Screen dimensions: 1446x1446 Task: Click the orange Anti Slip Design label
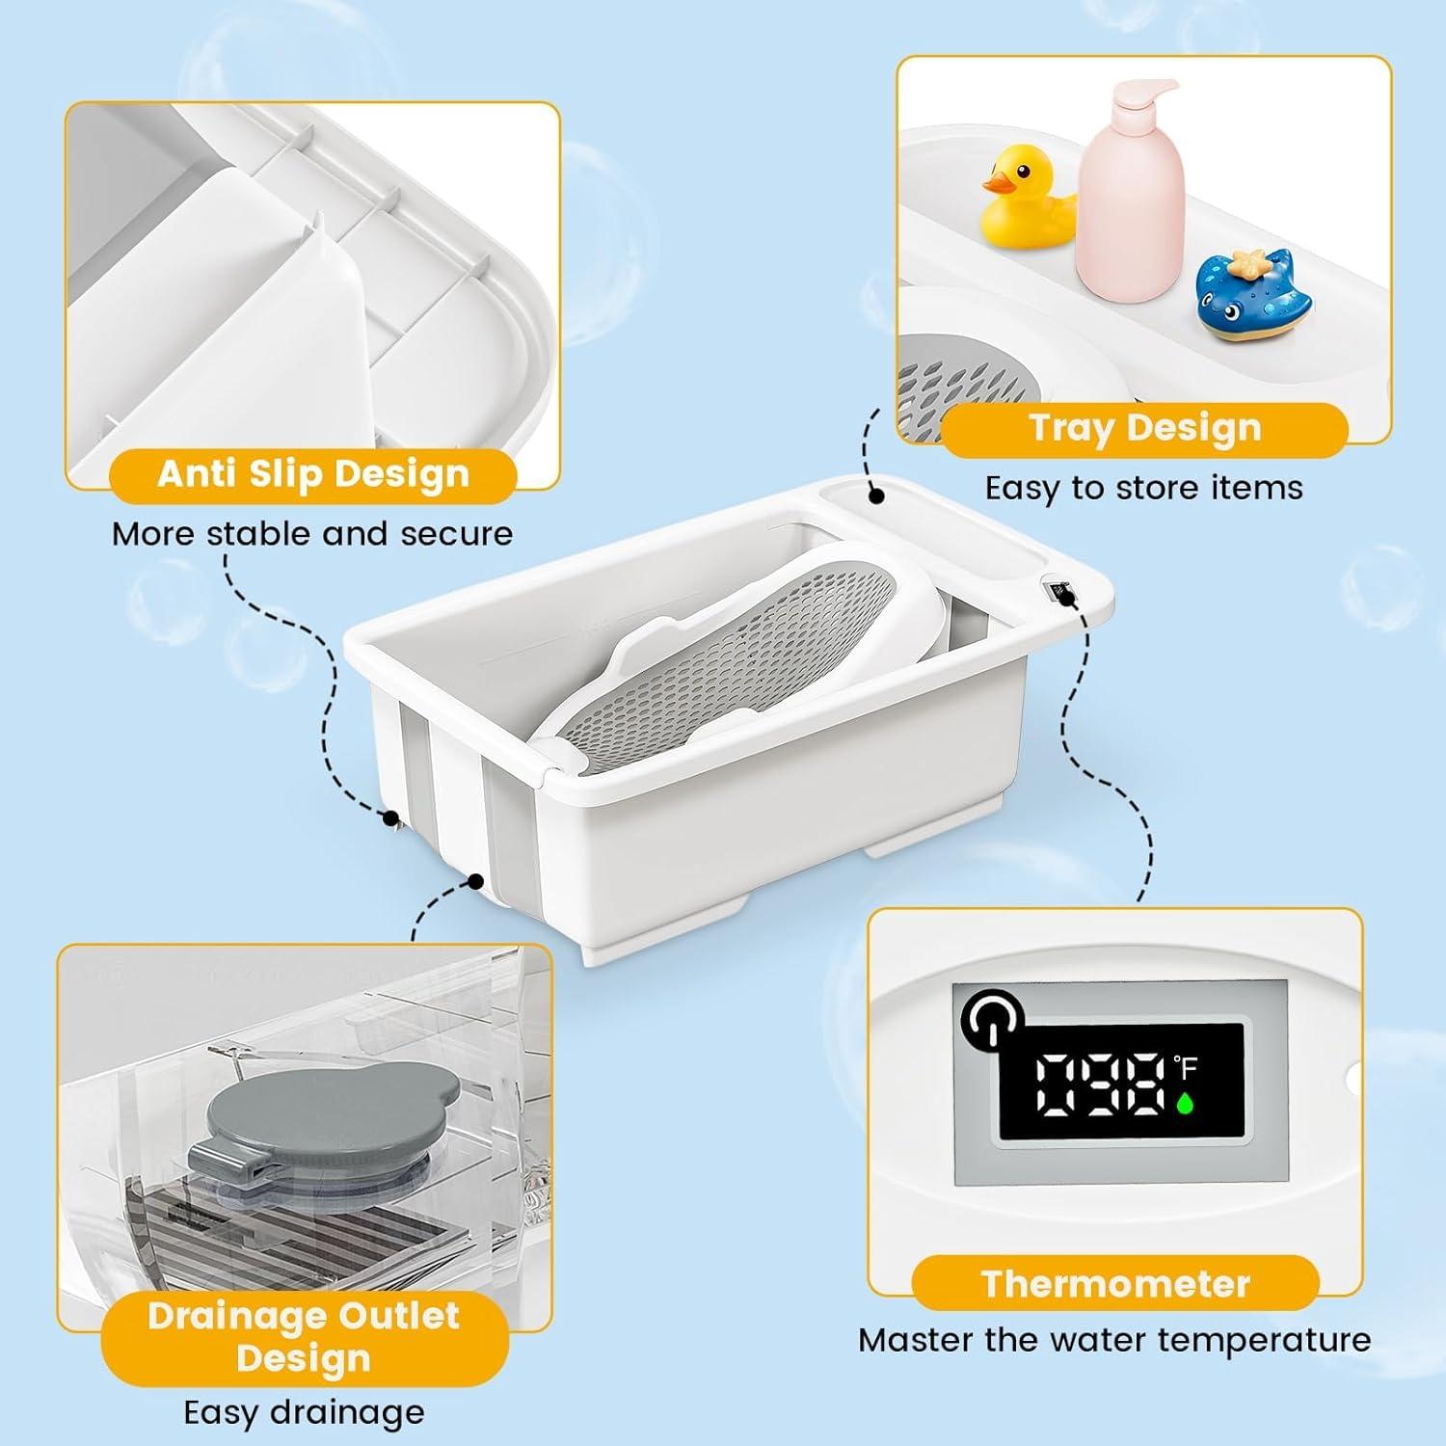coord(313,474)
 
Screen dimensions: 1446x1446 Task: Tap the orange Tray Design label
coord(1144,428)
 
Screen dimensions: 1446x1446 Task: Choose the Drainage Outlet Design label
coord(304,1336)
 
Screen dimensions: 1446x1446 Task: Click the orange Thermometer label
coord(1115,1283)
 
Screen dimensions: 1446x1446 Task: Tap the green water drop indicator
coord(1185,1103)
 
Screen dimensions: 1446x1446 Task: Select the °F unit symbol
coord(1185,1066)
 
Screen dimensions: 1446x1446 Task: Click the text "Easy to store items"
coord(1143,488)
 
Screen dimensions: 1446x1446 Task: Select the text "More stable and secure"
coord(312,534)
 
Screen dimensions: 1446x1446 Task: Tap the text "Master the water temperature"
coord(1114,1340)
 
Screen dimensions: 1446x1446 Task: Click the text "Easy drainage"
coord(304,1412)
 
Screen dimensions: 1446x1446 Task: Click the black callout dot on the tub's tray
coord(876,495)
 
